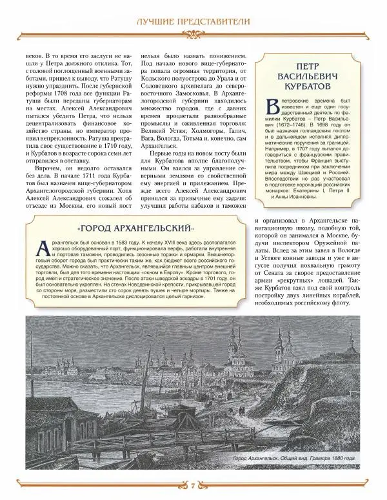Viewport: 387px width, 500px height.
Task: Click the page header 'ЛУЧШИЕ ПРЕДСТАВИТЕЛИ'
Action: [193, 25]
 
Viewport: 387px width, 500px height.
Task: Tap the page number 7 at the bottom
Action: [193, 485]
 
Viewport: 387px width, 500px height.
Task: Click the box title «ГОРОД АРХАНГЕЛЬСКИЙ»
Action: [135, 229]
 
